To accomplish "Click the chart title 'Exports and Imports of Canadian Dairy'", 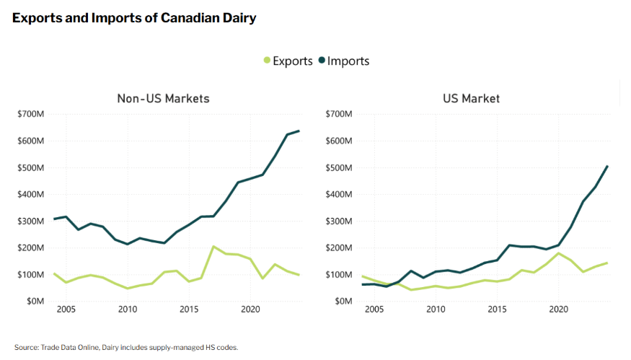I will coord(134,18).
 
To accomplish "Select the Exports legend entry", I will coord(288,61).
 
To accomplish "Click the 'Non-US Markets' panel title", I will coord(163,98).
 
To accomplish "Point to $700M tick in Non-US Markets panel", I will coord(34,114).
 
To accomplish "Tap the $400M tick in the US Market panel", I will coord(340,194).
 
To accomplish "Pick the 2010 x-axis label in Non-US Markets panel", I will coord(128,309).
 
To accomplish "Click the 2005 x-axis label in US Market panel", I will coord(374,309).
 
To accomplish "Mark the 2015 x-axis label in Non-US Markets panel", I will coord(189,309).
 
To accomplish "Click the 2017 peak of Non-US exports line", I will coord(213,247).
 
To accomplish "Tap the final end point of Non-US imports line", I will coord(299,131).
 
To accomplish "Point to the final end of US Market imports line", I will coord(607,166).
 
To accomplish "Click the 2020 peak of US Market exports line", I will coord(558,253).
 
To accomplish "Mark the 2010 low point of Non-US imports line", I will coord(128,244).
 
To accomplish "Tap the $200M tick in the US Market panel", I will coord(340,247).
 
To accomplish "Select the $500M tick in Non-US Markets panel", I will coord(34,167).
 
